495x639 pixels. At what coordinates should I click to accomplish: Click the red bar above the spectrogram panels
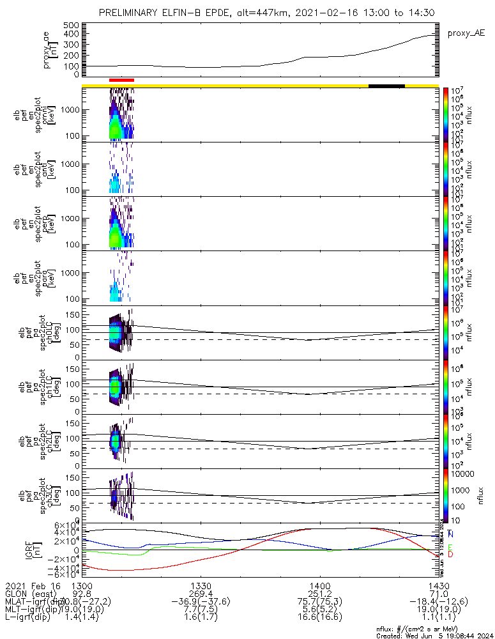pyautogui.click(x=121, y=80)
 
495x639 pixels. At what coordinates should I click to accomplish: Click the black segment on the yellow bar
pyautogui.click(x=386, y=85)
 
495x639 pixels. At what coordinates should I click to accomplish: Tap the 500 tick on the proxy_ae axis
pyautogui.click(x=72, y=25)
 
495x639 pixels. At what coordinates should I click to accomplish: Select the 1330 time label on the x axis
pyautogui.click(x=201, y=586)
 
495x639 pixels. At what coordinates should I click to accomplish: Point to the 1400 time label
pyautogui.click(x=319, y=586)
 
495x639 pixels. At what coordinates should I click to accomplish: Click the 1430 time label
pyautogui.click(x=439, y=586)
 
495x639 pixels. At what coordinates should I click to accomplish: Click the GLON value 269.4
pyautogui.click(x=201, y=594)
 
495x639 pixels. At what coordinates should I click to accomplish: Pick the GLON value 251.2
pyautogui.click(x=319, y=594)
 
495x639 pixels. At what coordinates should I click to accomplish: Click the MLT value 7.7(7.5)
pyautogui.click(x=201, y=610)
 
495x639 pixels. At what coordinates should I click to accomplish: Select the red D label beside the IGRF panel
pyautogui.click(x=450, y=555)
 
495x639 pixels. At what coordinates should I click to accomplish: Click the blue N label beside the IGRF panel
pyautogui.click(x=451, y=534)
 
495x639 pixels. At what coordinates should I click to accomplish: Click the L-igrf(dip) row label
pyautogui.click(x=31, y=618)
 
